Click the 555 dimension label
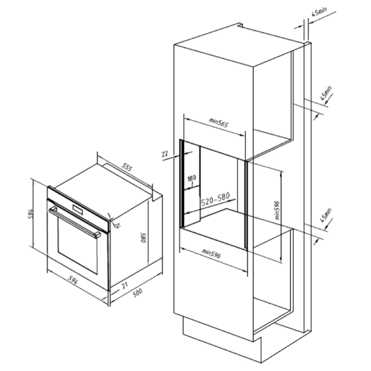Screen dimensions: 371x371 (128, 168)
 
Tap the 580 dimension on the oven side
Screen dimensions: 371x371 (144, 238)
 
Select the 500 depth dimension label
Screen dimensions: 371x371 (137, 292)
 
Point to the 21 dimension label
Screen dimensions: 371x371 (125, 285)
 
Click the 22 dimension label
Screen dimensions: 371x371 (165, 154)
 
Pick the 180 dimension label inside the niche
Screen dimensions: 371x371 (192, 178)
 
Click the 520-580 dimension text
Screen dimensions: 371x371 (215, 199)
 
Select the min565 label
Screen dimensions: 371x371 (219, 123)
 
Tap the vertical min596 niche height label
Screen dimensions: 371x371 (277, 210)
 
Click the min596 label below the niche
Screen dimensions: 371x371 (211, 253)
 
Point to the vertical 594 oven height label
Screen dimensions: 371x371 (31, 213)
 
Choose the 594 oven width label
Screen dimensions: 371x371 (73, 280)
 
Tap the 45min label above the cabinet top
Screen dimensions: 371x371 (319, 12)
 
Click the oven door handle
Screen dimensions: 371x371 (75, 222)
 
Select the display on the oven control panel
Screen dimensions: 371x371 (78, 209)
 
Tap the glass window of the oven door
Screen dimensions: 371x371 (77, 245)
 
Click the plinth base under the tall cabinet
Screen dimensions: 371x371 (246, 343)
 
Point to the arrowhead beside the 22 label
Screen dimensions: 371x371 (190, 153)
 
